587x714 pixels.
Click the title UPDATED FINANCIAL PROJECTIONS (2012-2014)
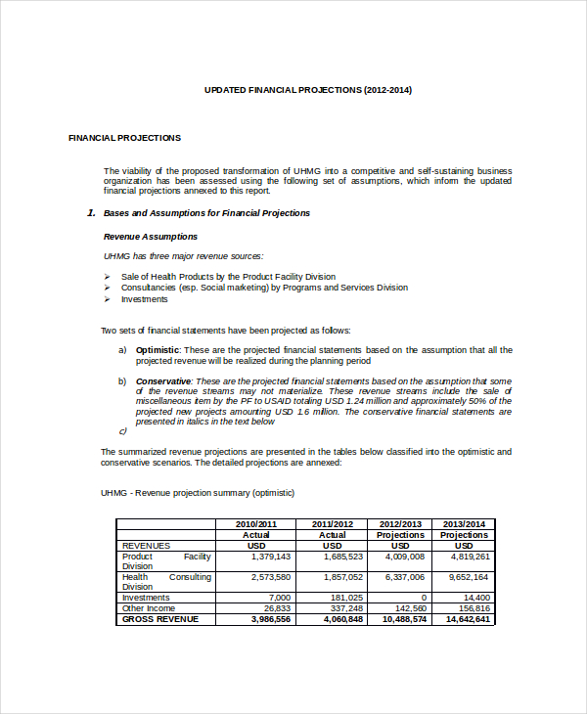(307, 90)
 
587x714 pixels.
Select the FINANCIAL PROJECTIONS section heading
(124, 138)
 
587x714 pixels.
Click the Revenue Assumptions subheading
(150, 237)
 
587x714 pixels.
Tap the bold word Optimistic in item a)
(158, 350)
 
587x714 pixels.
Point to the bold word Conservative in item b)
(163, 381)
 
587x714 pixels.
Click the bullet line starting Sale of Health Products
(228, 277)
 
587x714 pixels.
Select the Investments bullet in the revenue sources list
(144, 299)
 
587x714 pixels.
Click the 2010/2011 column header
(256, 524)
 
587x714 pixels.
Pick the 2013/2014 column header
(465, 524)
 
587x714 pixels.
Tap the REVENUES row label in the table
(146, 546)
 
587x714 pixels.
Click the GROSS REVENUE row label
(159, 619)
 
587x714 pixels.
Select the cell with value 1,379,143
(271, 557)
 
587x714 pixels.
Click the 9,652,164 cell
(470, 577)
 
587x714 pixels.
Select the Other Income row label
(150, 608)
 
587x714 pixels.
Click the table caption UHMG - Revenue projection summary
(198, 493)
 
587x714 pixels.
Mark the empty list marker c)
(123, 431)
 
